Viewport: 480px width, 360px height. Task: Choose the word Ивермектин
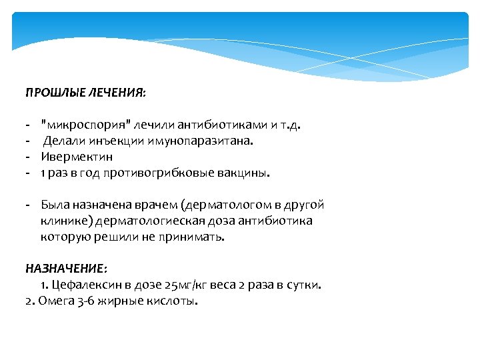coord(77,157)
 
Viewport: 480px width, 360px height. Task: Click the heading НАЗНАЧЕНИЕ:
coord(65,269)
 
